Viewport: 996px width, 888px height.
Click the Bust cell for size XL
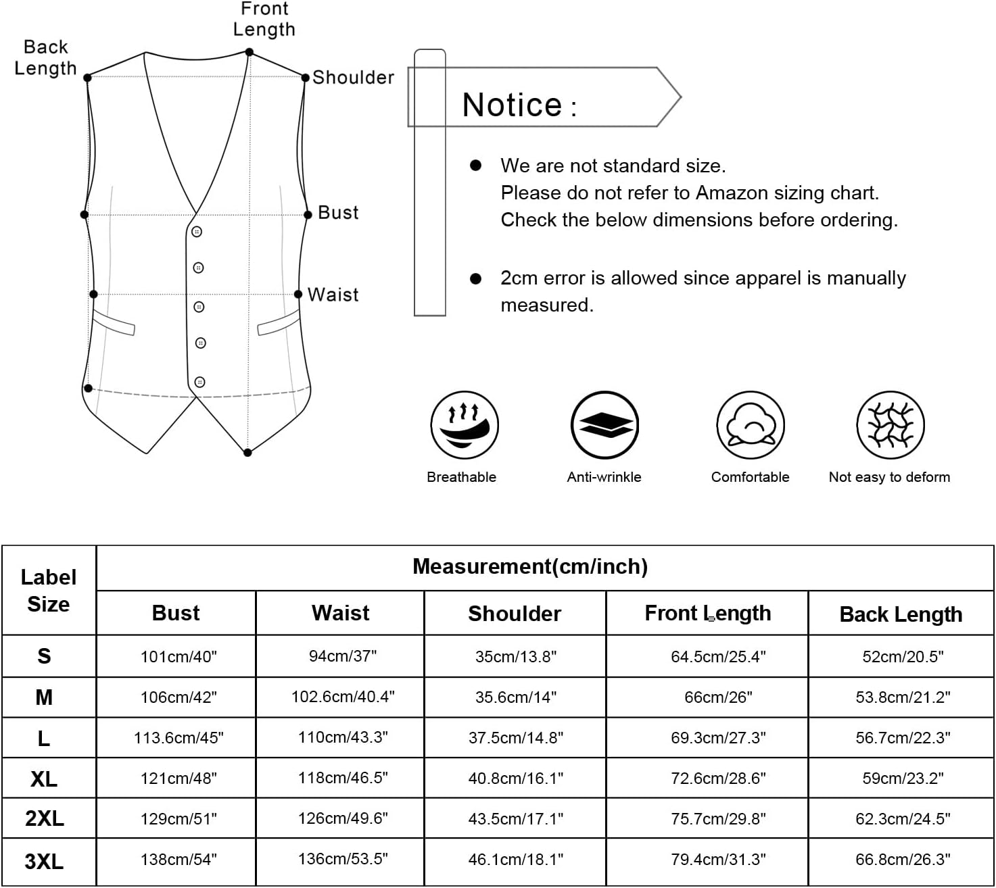pos(179,778)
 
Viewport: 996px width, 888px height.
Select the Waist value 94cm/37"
pos(342,656)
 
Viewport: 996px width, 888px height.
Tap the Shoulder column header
pos(515,614)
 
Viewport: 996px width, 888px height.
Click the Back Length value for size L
pos(903,737)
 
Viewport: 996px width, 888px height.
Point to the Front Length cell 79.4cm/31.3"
pos(718,859)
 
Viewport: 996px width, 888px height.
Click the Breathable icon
pos(465,425)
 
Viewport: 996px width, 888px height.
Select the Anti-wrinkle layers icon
pos(605,425)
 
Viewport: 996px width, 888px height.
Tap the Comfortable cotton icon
pos(751,425)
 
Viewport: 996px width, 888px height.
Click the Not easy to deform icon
pos(890,425)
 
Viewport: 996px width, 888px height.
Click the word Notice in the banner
pos(512,105)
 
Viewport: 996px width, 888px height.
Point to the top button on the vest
pos(197,232)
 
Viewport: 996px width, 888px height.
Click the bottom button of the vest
pos(199,383)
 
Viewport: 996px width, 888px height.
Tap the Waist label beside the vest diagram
pos(333,295)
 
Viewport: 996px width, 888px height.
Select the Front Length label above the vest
pos(264,20)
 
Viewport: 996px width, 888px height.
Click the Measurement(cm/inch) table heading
pos(530,566)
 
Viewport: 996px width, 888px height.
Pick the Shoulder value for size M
pos(515,697)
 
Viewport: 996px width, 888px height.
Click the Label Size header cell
pos(48,590)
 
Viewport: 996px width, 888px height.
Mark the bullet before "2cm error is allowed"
pos(476,278)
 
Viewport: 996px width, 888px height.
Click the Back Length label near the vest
pos(45,57)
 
